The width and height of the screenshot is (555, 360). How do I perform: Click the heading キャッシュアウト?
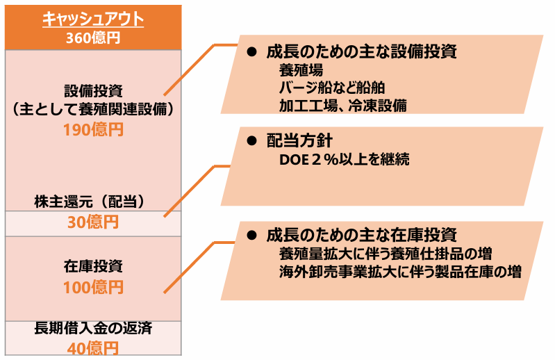pyautogui.click(x=93, y=19)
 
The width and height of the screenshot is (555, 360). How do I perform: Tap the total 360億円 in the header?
pyautogui.click(x=93, y=38)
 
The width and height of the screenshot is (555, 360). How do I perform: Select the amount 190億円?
pyautogui.click(x=94, y=130)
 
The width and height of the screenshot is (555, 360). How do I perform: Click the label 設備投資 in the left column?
pyautogui.click(x=94, y=91)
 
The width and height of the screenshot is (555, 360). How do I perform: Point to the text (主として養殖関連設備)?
pyautogui.click(x=93, y=109)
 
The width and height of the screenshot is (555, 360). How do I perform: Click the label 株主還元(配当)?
pyautogui.click(x=90, y=202)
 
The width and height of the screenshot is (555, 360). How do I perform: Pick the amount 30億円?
pyautogui.click(x=93, y=222)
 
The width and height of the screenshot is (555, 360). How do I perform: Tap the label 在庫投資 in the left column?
pyautogui.click(x=94, y=266)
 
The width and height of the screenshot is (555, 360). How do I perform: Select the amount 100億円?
pyautogui.click(x=94, y=288)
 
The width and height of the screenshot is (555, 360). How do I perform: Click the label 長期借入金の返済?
pyautogui.click(x=93, y=328)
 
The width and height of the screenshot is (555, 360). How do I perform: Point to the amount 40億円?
pyautogui.click(x=93, y=348)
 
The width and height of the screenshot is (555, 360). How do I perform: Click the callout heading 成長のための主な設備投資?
pyautogui.click(x=361, y=51)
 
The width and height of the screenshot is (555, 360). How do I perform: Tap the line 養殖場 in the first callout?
pyautogui.click(x=301, y=70)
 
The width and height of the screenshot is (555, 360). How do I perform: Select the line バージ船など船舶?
pyautogui.click(x=332, y=88)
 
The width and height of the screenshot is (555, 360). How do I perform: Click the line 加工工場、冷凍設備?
pyautogui.click(x=343, y=106)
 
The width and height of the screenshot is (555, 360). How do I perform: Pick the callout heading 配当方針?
pyautogui.click(x=299, y=141)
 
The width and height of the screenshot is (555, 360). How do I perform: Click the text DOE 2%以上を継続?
pyautogui.click(x=345, y=160)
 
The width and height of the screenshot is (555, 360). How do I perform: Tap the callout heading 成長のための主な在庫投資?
pyautogui.click(x=361, y=235)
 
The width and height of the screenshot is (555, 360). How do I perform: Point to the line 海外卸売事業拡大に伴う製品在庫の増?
pyautogui.click(x=400, y=272)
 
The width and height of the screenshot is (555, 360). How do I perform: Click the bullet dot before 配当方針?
pyautogui.click(x=251, y=141)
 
